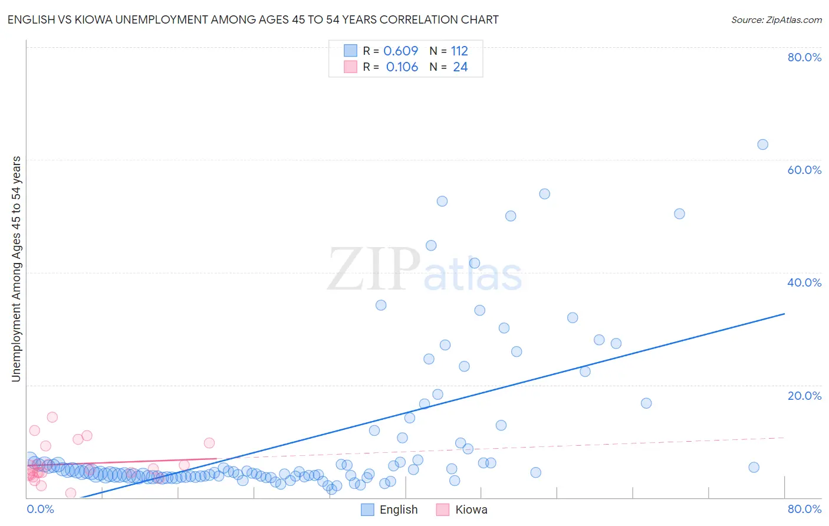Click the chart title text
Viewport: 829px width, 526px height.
coord(253,20)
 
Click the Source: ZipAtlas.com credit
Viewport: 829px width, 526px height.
coord(776,20)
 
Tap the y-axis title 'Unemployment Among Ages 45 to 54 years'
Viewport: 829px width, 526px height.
coord(17,269)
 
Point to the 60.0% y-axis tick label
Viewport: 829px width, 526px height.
coord(804,170)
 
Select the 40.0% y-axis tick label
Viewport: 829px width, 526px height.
coord(804,282)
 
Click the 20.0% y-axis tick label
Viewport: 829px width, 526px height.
coord(804,396)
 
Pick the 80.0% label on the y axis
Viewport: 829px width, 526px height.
coord(804,57)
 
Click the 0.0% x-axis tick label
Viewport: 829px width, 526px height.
coord(40,509)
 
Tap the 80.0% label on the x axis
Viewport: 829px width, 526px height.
coord(804,509)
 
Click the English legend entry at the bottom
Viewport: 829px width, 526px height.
coord(390,509)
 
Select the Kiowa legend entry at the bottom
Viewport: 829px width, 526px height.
coord(462,509)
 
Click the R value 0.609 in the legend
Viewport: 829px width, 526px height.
coord(400,51)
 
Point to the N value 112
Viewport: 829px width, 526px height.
coord(459,51)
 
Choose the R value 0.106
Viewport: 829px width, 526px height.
coord(402,67)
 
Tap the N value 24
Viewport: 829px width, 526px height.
coord(460,67)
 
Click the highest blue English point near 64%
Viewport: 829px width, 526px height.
coord(762,144)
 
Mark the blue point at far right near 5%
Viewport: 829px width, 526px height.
coord(754,468)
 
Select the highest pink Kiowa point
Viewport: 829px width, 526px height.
coord(52,417)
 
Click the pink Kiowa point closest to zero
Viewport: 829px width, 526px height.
coord(71,493)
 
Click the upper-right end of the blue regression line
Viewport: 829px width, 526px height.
coord(784,314)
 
